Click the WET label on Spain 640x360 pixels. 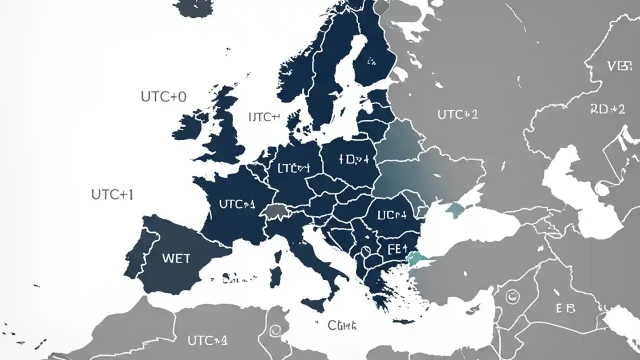coord(176,258)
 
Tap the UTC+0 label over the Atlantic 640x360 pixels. coord(163,97)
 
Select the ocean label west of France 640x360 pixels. coord(112,194)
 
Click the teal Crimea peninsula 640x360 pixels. coord(455,209)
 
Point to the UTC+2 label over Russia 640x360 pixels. coord(457,114)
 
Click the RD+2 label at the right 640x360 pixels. coord(607,109)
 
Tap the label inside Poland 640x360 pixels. coord(353,159)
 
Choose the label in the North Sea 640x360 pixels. coord(263,117)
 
